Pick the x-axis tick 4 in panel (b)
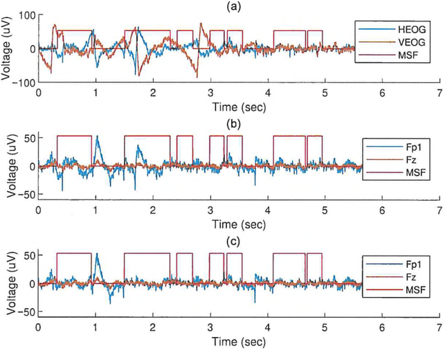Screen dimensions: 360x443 click(x=267, y=209)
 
